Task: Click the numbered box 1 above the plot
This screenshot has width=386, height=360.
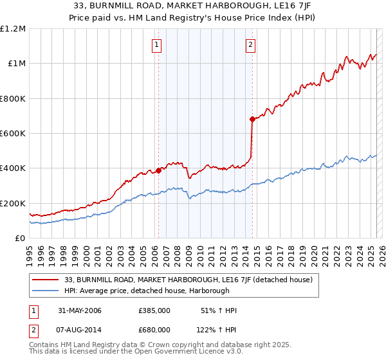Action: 157,44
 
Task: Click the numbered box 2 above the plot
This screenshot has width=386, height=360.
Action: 250,44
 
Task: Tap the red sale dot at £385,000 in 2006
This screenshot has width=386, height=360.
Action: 158,171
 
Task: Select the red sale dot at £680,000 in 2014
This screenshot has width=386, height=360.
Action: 252,119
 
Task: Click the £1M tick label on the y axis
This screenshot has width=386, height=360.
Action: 17,64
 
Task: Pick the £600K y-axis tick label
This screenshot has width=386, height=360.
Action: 13,134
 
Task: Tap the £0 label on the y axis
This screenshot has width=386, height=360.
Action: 21,239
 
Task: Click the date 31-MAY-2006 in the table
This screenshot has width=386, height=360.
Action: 78,311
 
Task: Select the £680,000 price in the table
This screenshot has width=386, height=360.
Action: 154,329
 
